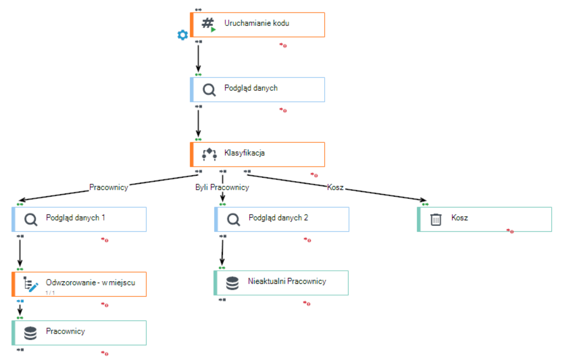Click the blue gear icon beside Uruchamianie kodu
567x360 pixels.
(x=183, y=35)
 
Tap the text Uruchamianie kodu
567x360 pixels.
(x=257, y=23)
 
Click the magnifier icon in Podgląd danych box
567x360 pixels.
(x=209, y=90)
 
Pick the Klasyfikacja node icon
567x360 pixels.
(x=209, y=154)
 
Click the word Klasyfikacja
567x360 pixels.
(x=244, y=153)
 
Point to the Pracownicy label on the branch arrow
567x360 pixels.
(x=109, y=187)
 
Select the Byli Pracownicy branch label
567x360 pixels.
(x=222, y=187)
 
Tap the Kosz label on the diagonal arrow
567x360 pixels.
(x=335, y=187)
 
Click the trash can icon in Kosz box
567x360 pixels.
(x=436, y=219)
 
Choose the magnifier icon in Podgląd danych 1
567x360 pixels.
(x=31, y=219)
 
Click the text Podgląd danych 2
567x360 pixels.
(x=278, y=218)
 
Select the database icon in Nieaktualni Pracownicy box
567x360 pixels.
(x=232, y=283)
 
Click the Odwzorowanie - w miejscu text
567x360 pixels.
(x=90, y=283)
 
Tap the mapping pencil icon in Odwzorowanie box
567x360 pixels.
(x=31, y=284)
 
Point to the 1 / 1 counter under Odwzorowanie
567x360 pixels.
(x=50, y=293)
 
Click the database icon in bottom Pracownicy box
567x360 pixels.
(x=30, y=334)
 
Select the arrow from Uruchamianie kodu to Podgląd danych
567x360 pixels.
(x=198, y=58)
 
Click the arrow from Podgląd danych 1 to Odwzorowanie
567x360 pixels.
(x=20, y=253)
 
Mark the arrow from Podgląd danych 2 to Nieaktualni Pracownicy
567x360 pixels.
(x=222, y=252)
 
